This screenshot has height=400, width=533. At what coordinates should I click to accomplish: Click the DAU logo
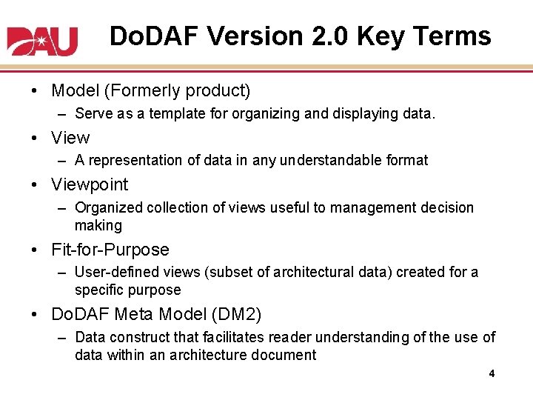coord(42,41)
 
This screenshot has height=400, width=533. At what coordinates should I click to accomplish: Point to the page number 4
coord(491,374)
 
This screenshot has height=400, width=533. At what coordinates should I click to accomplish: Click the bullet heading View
coord(70,138)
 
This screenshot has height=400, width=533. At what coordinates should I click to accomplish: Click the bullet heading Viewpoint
coord(90,185)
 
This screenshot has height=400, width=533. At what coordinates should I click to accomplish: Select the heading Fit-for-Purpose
coord(110,250)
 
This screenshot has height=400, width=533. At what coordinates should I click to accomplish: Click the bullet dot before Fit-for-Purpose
coord(36,250)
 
